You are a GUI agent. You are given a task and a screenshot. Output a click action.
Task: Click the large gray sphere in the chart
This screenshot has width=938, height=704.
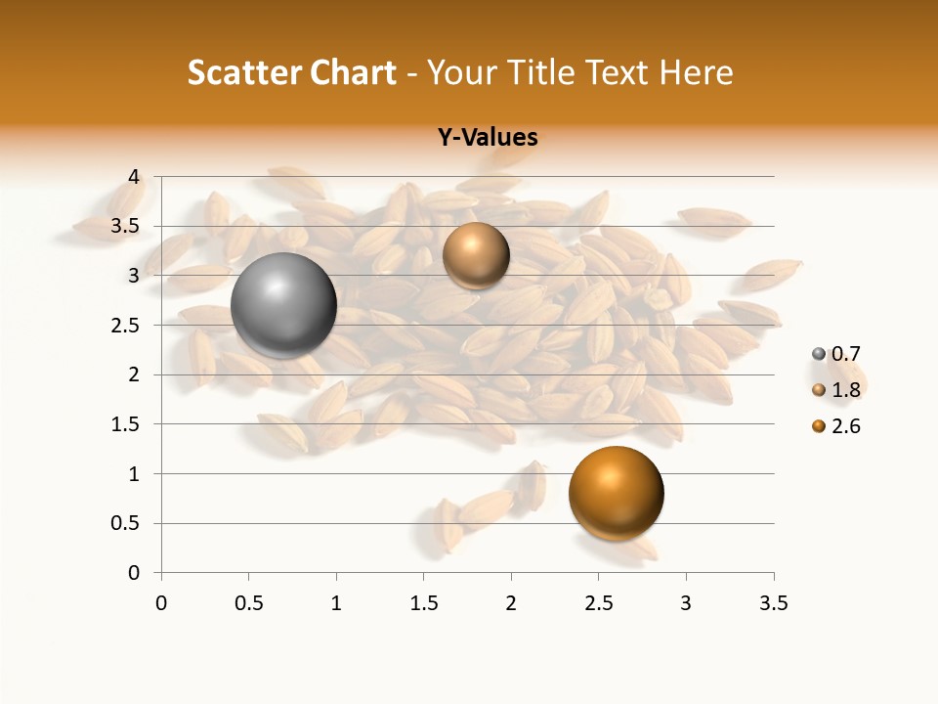pyautogui.click(x=284, y=305)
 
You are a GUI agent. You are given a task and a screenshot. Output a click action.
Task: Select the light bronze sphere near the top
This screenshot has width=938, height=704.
pyautogui.click(x=476, y=255)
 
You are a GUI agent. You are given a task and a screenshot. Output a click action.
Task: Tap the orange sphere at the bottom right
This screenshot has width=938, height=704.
pyautogui.click(x=616, y=493)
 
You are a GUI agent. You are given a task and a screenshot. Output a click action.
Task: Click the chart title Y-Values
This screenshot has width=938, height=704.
pyautogui.click(x=488, y=137)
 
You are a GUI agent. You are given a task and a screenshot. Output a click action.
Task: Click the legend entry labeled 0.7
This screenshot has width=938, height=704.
pyautogui.click(x=844, y=353)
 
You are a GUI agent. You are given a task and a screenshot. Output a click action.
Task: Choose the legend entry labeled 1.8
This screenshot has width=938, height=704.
pyautogui.click(x=844, y=390)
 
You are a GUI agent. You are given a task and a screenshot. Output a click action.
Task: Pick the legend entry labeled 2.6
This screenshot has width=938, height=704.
pyautogui.click(x=844, y=426)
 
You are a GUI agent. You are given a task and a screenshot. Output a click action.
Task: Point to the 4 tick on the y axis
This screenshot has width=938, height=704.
pyautogui.click(x=135, y=177)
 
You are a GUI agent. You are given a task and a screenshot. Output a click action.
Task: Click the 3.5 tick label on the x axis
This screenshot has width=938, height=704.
pyautogui.click(x=773, y=603)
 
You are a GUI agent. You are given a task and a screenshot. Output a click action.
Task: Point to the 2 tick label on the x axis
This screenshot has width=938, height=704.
pyautogui.click(x=511, y=603)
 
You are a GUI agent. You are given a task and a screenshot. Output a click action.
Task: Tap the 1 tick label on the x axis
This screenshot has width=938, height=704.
pyautogui.click(x=336, y=603)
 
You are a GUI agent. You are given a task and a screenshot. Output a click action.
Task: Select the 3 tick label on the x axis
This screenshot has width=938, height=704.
pyautogui.click(x=686, y=603)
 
